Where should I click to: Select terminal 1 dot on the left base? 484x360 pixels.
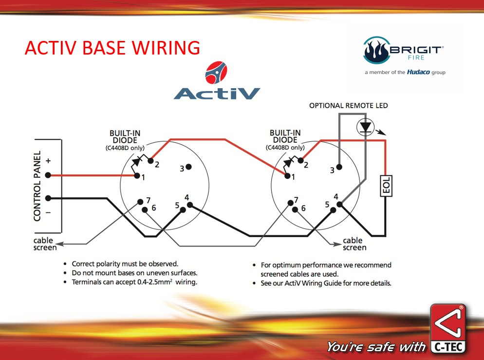click(137, 176)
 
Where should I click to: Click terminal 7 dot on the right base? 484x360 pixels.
click(290, 201)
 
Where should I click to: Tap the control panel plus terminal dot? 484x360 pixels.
click(48, 175)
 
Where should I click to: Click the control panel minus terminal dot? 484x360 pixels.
click(48, 198)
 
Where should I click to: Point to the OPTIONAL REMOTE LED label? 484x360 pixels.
click(349, 105)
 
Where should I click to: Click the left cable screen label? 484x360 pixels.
click(45, 244)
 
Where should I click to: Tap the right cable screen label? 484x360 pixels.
click(354, 244)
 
